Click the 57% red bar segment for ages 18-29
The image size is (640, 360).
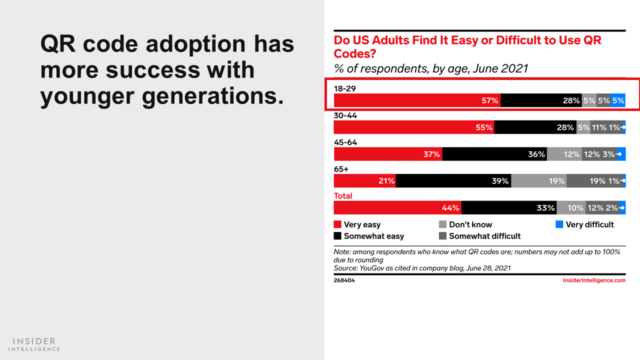[417, 100]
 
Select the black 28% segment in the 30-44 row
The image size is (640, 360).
[535, 127]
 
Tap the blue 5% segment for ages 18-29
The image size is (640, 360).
[618, 100]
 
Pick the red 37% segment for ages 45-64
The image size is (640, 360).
[388, 154]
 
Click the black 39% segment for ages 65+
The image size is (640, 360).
[453, 181]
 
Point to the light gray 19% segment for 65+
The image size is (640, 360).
[539, 181]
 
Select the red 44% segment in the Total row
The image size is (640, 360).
[397, 207]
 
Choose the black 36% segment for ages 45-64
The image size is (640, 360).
[494, 154]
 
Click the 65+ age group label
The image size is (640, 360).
[341, 169]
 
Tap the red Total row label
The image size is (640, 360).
[343, 196]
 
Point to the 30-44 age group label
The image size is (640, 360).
[345, 115]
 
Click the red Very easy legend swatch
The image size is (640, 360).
[337, 224]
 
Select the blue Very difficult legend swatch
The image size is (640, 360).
[559, 224]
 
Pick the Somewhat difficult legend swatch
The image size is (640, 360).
[442, 235]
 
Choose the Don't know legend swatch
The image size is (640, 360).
[442, 224]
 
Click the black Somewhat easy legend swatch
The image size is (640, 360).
[337, 235]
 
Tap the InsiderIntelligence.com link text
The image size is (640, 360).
[594, 280]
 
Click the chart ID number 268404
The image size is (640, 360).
[344, 280]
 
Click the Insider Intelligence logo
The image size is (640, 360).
[34, 344]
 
